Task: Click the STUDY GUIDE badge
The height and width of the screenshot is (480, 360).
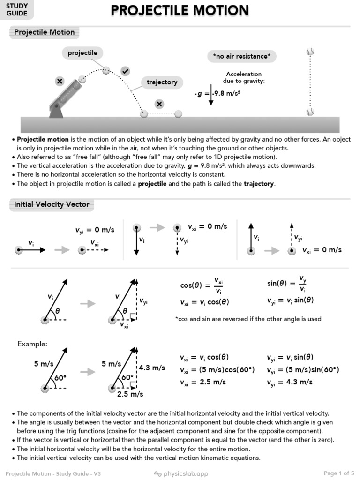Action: [x=17, y=9]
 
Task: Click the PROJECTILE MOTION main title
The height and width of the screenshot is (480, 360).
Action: [x=180, y=10]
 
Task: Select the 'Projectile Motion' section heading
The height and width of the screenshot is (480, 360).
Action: [x=44, y=32]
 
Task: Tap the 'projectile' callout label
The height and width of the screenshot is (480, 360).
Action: [x=82, y=53]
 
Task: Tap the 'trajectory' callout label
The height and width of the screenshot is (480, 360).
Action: [x=162, y=82]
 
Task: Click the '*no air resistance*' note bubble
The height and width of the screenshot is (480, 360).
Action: [x=241, y=57]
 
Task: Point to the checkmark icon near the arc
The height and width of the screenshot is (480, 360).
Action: [x=125, y=71]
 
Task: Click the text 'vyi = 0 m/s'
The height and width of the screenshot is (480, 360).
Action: [x=95, y=230]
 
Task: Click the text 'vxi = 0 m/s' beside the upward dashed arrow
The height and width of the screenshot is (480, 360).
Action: [x=322, y=250]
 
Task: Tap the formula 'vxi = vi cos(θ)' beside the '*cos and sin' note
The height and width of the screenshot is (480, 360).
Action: [x=204, y=302]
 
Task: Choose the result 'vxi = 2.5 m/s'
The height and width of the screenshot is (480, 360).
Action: [x=202, y=382]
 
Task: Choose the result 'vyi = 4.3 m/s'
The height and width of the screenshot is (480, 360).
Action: [x=290, y=382]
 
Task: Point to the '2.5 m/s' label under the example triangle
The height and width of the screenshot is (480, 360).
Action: [x=130, y=394]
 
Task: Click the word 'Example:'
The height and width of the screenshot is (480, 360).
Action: [x=32, y=344]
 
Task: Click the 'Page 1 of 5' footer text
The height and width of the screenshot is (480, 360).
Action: [x=339, y=473]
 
